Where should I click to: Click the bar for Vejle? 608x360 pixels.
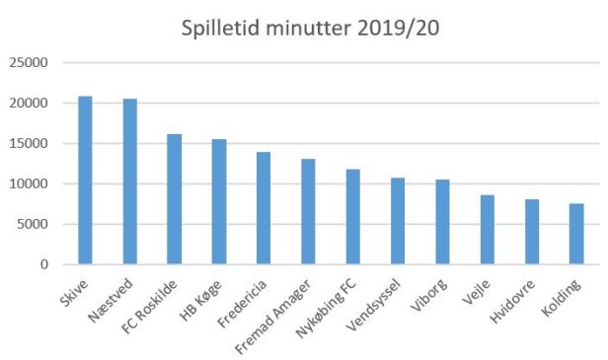pyautogui.click(x=488, y=230)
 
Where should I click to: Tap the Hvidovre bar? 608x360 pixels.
pyautogui.click(x=532, y=232)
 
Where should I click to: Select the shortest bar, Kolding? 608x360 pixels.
pyautogui.click(x=576, y=234)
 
